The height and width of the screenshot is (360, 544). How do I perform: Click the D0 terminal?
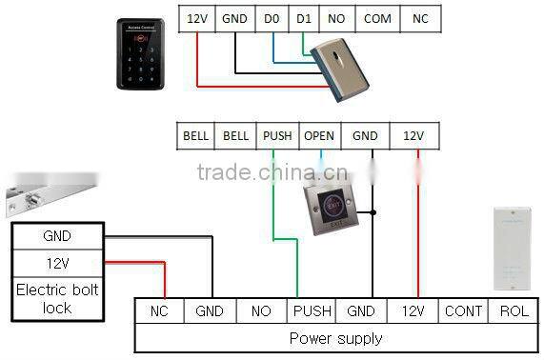click(272, 18)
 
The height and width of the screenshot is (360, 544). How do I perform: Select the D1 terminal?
click(304, 18)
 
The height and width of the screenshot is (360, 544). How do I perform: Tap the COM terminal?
click(377, 18)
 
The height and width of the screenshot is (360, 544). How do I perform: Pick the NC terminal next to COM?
click(420, 18)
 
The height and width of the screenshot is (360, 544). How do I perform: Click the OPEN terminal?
click(319, 136)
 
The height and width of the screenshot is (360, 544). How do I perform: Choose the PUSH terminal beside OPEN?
click(277, 136)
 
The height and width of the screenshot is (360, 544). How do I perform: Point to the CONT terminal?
click(463, 310)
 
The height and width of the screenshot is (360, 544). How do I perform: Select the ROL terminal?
click(514, 310)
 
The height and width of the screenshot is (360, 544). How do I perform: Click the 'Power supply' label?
click(335, 338)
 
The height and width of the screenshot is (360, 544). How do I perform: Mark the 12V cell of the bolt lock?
click(56, 263)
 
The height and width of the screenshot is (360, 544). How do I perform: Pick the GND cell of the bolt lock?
click(56, 236)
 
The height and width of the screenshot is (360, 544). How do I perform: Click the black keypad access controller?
click(141, 54)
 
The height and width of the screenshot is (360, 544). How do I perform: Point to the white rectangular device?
click(514, 247)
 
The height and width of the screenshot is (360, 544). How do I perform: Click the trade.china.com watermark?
click(258, 172)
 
